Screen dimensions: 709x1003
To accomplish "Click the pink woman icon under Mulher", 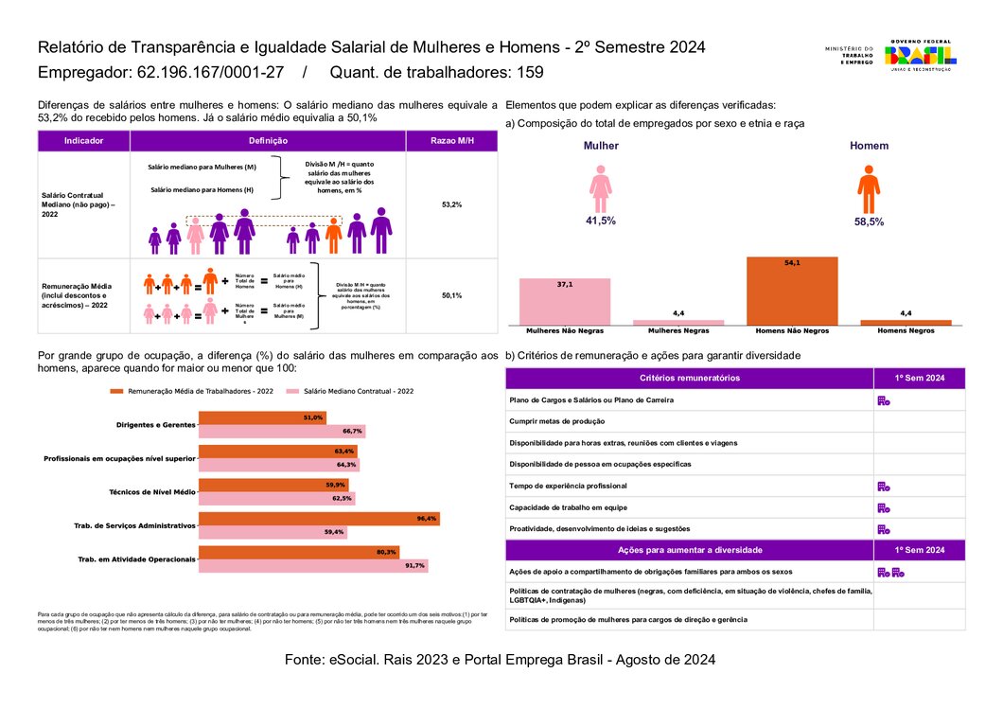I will (x=600, y=189).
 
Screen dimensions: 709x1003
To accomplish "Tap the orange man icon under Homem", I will (x=868, y=189).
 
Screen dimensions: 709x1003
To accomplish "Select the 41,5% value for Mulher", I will (x=600, y=221).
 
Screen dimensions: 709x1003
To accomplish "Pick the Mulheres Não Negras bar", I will (x=564, y=301).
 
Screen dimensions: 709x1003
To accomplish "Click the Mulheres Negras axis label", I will (x=677, y=331).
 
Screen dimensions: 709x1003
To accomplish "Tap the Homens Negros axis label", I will (x=906, y=331).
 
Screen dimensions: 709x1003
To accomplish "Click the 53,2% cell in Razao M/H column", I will (x=451, y=204).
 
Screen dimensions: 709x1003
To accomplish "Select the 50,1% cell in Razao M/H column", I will (x=451, y=295).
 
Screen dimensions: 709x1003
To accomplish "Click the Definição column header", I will (x=268, y=141).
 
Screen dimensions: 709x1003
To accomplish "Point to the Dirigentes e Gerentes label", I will (x=155, y=424).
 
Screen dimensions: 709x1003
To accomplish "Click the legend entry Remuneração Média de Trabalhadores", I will (x=200, y=391).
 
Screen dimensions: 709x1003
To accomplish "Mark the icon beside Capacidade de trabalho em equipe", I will (x=883, y=507).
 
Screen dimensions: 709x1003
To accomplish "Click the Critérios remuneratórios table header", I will (x=690, y=378).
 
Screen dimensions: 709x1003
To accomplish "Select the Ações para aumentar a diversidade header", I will (x=690, y=550).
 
